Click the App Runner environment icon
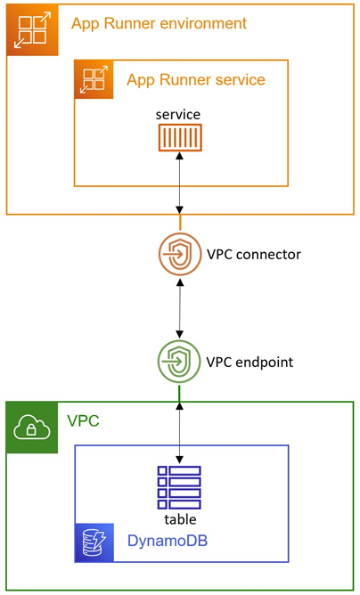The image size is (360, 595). (x=32, y=30)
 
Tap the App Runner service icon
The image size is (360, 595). (x=94, y=79)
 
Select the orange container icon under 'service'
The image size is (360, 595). (x=180, y=137)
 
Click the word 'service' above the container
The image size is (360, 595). (x=178, y=115)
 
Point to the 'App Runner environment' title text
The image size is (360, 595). (x=160, y=23)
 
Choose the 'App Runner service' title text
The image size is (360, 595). (x=196, y=80)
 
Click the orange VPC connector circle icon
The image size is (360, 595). (x=180, y=254)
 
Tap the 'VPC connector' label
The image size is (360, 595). (x=254, y=254)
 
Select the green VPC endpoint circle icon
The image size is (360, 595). (x=179, y=362)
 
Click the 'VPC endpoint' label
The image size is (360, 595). (x=250, y=362)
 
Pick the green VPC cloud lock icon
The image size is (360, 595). (x=32, y=428)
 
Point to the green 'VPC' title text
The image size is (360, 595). (x=83, y=421)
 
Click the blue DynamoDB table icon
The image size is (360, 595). (x=179, y=487)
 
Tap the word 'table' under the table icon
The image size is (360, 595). (x=180, y=518)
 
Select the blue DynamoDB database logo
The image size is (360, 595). (x=94, y=542)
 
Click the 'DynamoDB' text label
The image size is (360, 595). (x=168, y=541)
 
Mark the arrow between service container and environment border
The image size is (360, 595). (x=180, y=183)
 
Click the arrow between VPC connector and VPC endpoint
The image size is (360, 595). (x=180, y=308)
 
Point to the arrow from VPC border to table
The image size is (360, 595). (x=180, y=433)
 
